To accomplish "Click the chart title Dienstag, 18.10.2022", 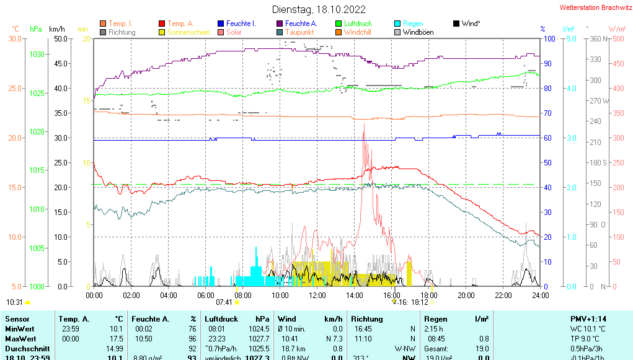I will [319, 9].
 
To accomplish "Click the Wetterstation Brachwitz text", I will [595, 8].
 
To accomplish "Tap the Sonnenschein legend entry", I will [188, 32].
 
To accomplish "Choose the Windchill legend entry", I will [357, 32].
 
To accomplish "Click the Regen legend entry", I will [413, 24].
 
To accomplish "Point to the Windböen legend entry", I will [418, 32].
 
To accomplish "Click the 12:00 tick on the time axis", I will [317, 296].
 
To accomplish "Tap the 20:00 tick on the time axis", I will [466, 296].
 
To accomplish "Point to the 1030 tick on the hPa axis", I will [37, 55].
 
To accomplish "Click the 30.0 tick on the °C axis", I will [15, 38].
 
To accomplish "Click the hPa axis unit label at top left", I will [36, 29].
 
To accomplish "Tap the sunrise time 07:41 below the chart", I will [224, 302].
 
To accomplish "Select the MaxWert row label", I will [20, 338].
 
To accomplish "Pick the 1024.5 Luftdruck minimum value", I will [259, 328].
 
